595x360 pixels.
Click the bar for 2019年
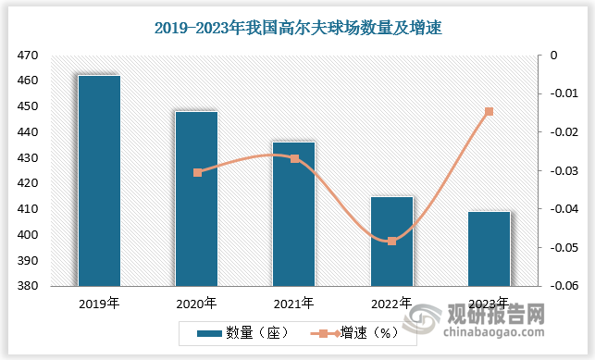point(99,180)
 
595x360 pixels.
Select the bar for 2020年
point(196,198)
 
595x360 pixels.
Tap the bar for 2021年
point(293,214)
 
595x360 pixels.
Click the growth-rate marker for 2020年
point(197,172)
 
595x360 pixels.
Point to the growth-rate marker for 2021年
point(294,159)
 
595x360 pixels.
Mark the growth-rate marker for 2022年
point(391,241)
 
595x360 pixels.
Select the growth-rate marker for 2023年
point(489,111)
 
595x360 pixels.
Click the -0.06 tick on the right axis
point(560,286)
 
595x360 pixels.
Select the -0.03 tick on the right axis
point(560,171)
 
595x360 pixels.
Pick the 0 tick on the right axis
point(553,56)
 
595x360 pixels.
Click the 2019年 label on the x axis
point(99,303)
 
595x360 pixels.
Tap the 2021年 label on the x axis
point(293,303)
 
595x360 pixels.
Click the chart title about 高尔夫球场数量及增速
point(297,29)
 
